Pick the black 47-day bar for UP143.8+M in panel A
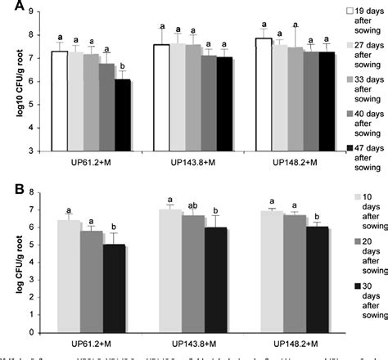(223, 104)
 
